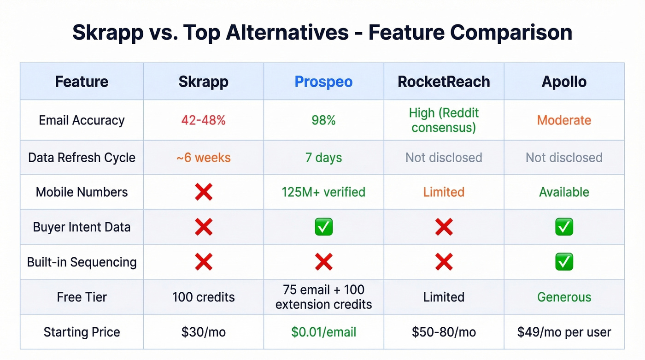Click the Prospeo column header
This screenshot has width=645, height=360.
pyautogui.click(x=323, y=82)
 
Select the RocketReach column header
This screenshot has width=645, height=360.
pyautogui.click(x=444, y=82)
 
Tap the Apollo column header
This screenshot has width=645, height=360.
pyautogui.click(x=564, y=82)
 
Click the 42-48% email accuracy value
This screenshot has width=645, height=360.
pyautogui.click(x=203, y=120)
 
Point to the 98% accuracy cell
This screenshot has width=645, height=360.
pyautogui.click(x=323, y=120)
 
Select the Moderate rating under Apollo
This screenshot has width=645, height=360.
pyautogui.click(x=564, y=120)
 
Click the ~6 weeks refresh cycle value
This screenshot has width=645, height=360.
pyautogui.click(x=203, y=158)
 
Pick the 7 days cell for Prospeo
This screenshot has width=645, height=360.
pyautogui.click(x=323, y=158)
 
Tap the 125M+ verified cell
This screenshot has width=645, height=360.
pyautogui.click(x=323, y=192)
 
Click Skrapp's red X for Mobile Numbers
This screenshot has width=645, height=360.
pyautogui.click(x=203, y=192)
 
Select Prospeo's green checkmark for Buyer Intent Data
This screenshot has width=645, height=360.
pyautogui.click(x=323, y=227)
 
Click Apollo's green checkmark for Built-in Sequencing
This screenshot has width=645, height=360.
pyautogui.click(x=564, y=262)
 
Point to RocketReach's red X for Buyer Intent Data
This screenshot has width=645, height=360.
pyautogui.click(x=444, y=227)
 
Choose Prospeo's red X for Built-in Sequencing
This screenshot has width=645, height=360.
pyautogui.click(x=323, y=262)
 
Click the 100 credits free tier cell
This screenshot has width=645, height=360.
pyautogui.click(x=203, y=297)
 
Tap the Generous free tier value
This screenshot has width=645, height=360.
pyautogui.click(x=564, y=297)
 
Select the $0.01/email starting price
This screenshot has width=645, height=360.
pyautogui.click(x=323, y=332)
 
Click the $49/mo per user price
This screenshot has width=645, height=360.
pyautogui.click(x=564, y=332)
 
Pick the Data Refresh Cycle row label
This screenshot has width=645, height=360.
pyautogui.click(x=82, y=158)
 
